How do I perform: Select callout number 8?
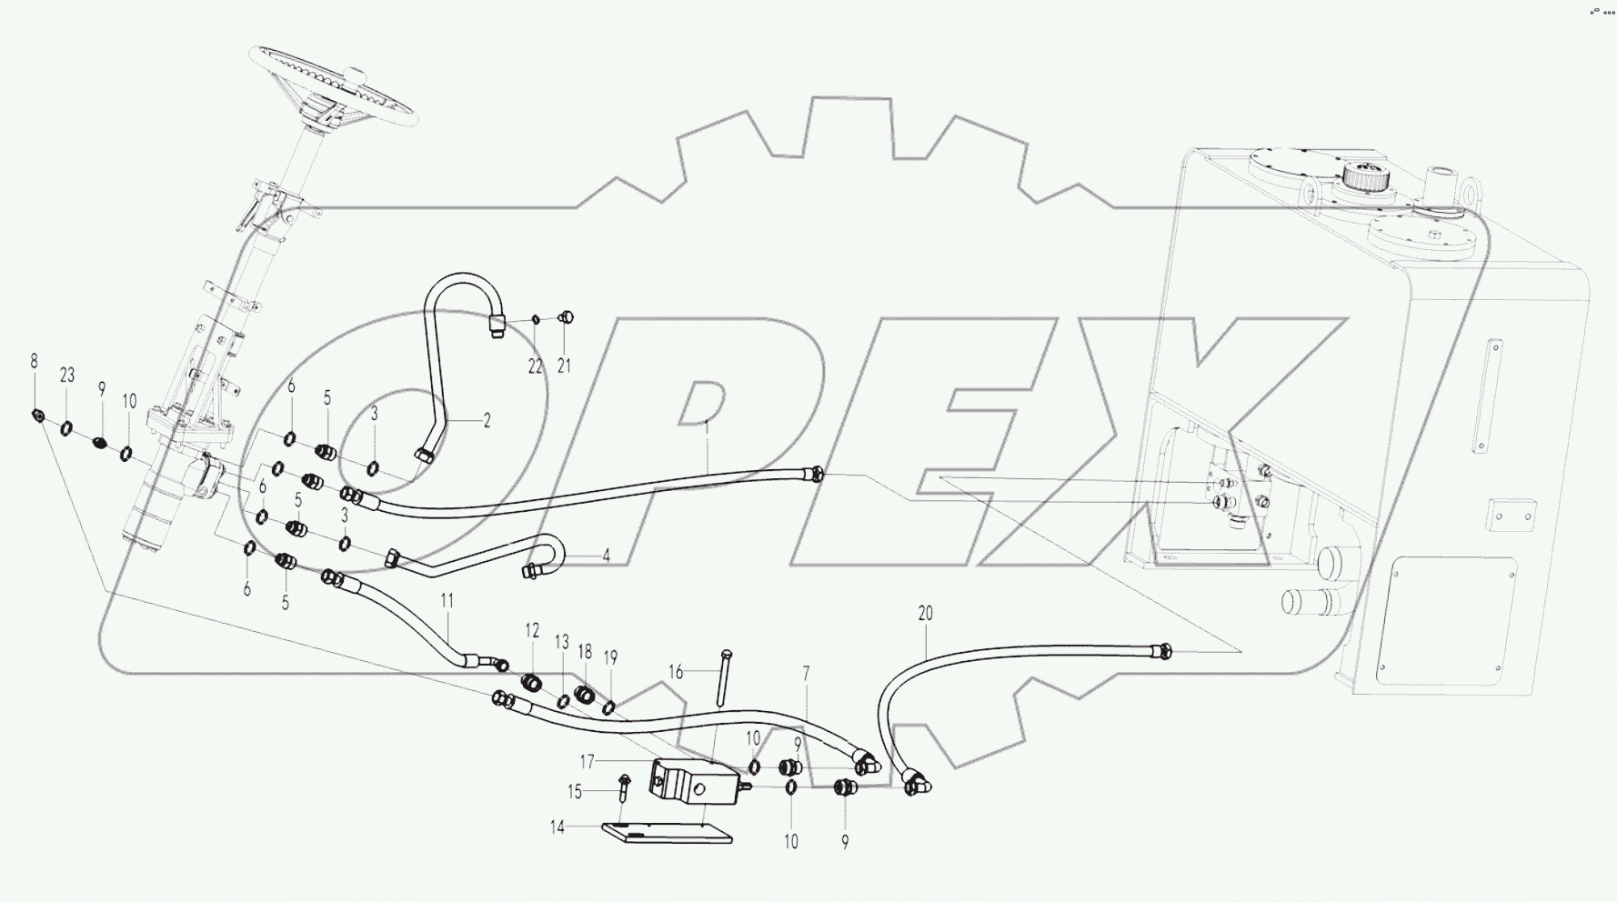(35, 361)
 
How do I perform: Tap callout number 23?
(66, 376)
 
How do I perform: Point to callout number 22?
(535, 366)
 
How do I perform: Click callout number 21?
(564, 366)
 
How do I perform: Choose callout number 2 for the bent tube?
(487, 420)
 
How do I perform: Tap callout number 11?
(447, 600)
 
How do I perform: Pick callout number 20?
(925, 614)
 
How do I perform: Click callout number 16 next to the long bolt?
(676, 672)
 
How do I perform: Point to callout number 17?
(588, 759)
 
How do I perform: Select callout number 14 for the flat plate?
(557, 827)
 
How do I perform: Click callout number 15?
(575, 792)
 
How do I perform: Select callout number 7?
(806, 674)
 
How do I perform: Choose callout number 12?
(532, 630)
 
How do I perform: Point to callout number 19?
(610, 657)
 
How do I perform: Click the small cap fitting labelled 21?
(565, 317)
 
